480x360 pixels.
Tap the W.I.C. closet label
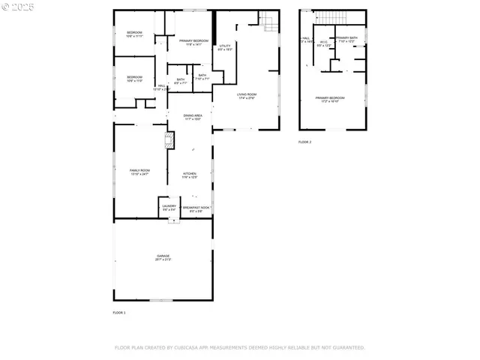point(324,43)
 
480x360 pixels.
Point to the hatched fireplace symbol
point(169,139)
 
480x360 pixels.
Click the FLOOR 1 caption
point(119,312)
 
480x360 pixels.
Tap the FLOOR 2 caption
point(304,142)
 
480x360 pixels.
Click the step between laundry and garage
point(169,219)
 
